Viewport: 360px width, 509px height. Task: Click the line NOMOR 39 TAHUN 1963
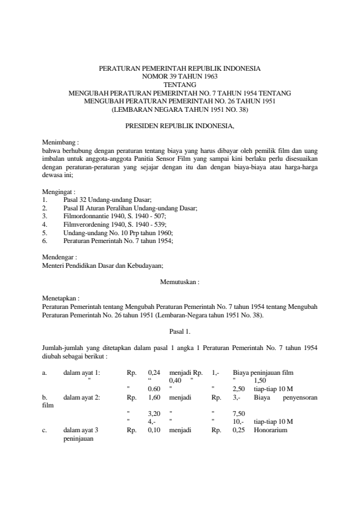[179, 77]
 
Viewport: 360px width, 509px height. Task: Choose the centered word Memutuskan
[179, 282]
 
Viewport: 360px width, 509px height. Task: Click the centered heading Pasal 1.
[179, 331]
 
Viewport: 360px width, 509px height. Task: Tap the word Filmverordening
[85, 224]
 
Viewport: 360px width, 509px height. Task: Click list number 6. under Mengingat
[45, 241]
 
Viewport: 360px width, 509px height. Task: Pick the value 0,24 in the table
[154, 373]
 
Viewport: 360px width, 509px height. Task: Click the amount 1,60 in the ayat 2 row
[154, 398]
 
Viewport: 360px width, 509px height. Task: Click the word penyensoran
[297, 398]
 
